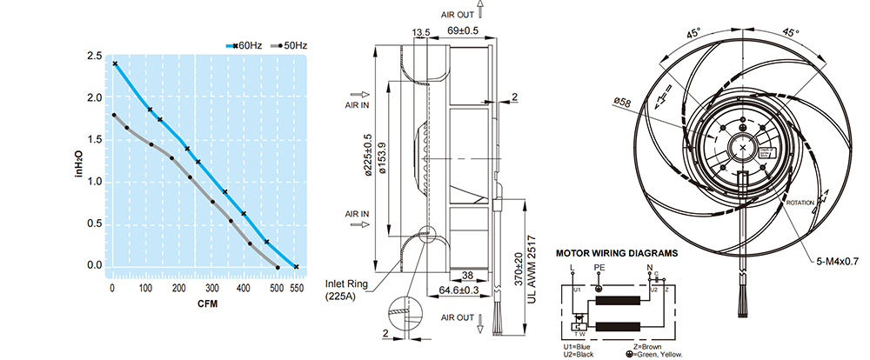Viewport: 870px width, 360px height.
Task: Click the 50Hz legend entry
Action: click(x=292, y=44)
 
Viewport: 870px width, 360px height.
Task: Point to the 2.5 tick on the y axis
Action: click(x=94, y=56)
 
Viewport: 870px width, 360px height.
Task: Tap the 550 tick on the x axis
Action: click(x=296, y=287)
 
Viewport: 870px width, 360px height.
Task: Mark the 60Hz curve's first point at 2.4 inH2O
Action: click(x=114, y=63)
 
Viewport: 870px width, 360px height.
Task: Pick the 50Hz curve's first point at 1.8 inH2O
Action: click(x=114, y=115)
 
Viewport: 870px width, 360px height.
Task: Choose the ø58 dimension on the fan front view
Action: click(x=622, y=103)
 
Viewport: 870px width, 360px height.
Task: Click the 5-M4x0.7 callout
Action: click(x=836, y=260)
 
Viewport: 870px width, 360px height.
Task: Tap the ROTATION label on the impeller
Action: click(x=800, y=202)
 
